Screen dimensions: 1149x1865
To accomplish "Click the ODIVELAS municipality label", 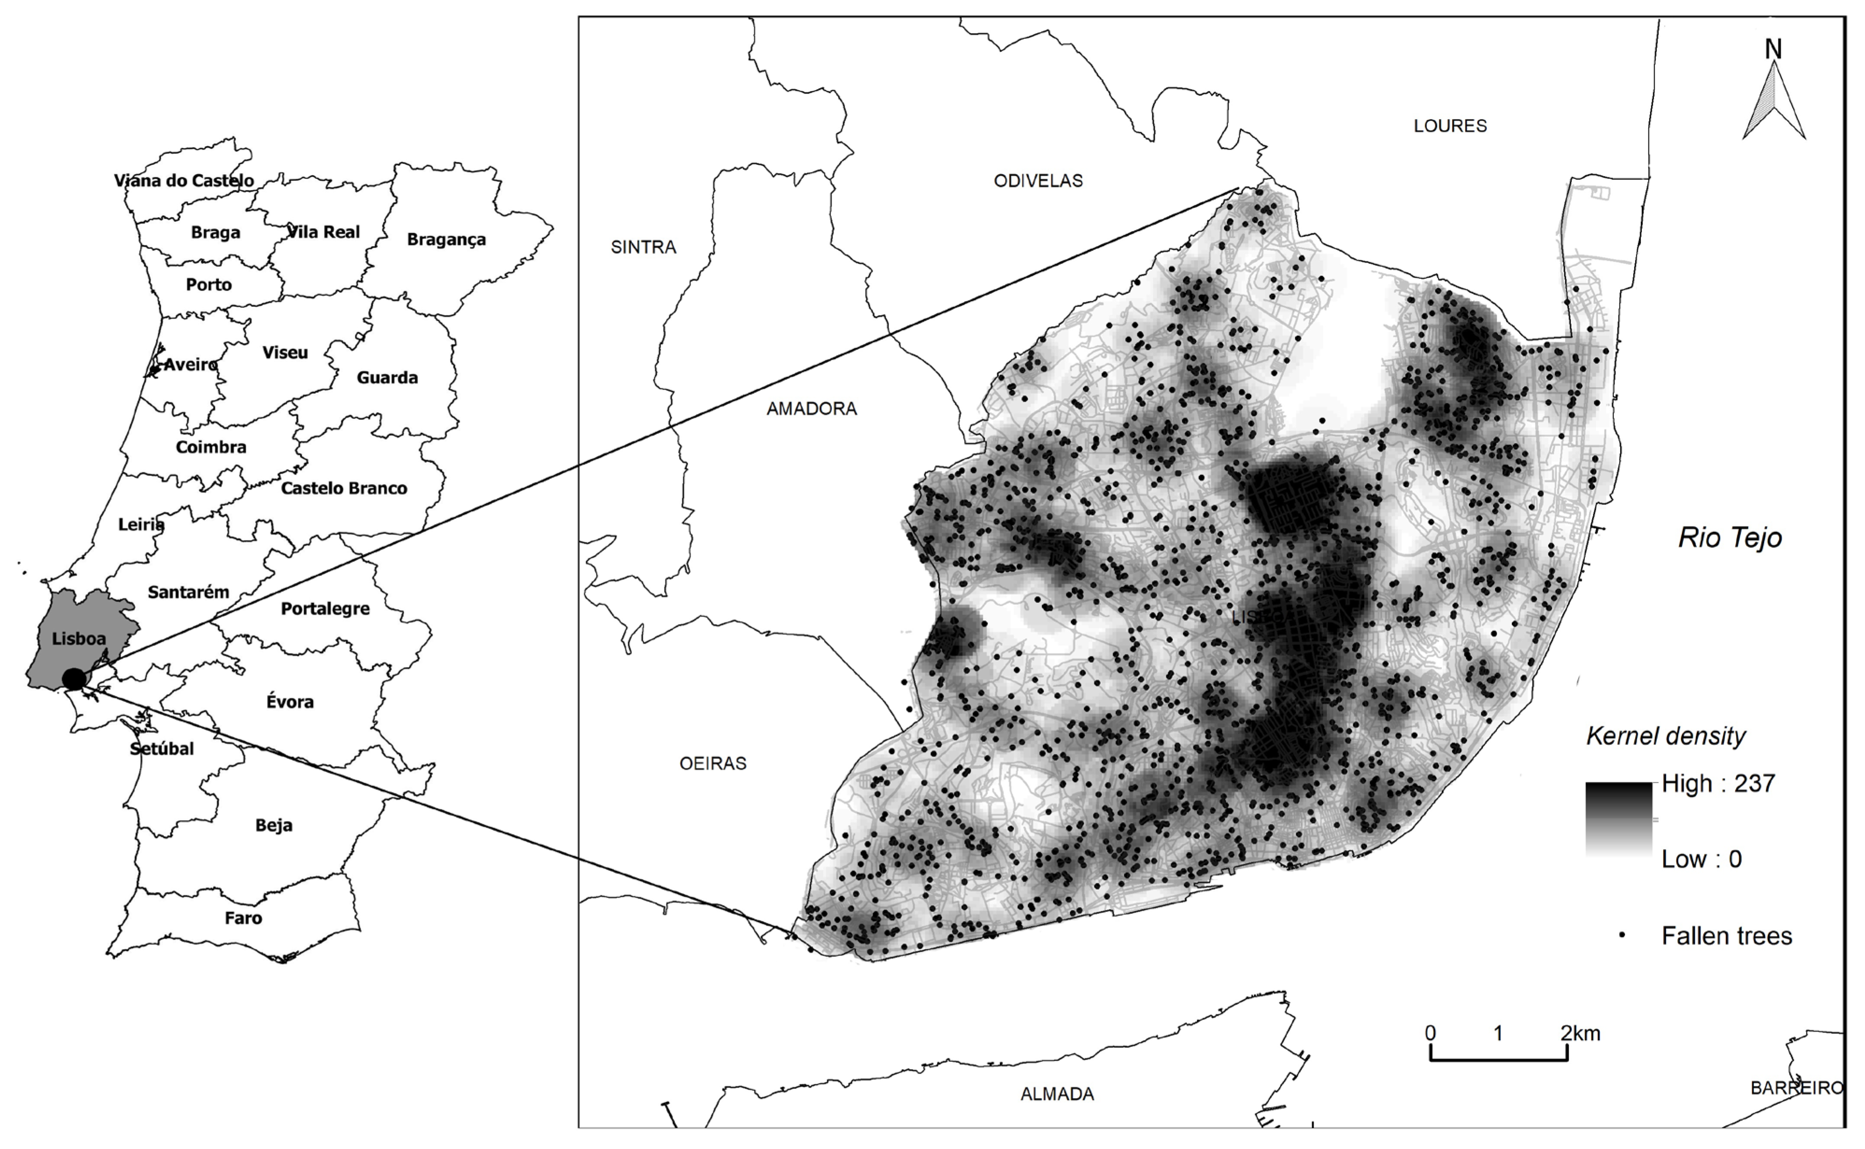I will (1038, 181).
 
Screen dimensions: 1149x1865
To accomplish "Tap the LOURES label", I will (1449, 126).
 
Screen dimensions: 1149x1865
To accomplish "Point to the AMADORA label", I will (811, 409).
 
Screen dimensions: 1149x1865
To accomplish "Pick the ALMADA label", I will (1057, 1094).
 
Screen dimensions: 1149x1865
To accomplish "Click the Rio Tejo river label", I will (1729, 538).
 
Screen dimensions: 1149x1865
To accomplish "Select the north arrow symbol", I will (1773, 99).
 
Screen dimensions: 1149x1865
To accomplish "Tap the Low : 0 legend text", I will (1701, 859).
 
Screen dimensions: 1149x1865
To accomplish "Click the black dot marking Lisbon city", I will (74, 679).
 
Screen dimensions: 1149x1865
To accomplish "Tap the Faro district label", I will (243, 918).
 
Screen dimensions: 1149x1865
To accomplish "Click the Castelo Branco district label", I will (343, 489).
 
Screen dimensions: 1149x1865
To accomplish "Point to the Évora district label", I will (290, 702).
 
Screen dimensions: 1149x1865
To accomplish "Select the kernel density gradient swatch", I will (1618, 821).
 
